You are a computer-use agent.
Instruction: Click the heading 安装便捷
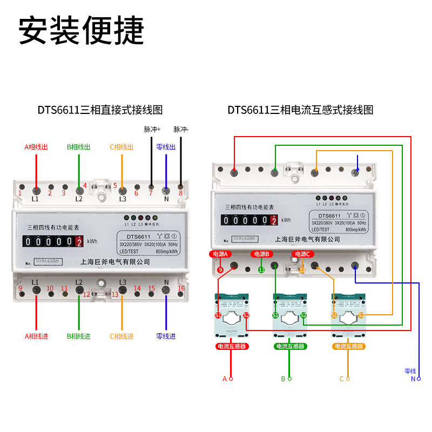(82, 31)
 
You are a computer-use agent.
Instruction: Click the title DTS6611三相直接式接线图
(100, 110)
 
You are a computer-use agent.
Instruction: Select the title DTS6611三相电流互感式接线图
(300, 110)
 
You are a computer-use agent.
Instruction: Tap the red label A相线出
(36, 147)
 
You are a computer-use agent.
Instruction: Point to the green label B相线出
(79, 147)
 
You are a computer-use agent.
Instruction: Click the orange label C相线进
(122, 336)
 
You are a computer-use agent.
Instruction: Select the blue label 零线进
(166, 336)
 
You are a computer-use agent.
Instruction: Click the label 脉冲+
(152, 130)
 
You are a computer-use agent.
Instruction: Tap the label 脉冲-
(181, 130)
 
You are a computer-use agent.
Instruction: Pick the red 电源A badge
(221, 254)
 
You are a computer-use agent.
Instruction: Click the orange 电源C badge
(302, 254)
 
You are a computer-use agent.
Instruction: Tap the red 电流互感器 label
(232, 346)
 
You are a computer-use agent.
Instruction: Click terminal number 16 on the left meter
(181, 288)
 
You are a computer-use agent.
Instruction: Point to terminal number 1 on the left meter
(20, 193)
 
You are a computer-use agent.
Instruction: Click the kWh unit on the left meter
(92, 241)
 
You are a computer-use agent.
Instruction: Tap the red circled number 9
(220, 270)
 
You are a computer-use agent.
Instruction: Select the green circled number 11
(261, 270)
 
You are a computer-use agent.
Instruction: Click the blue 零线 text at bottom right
(410, 371)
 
